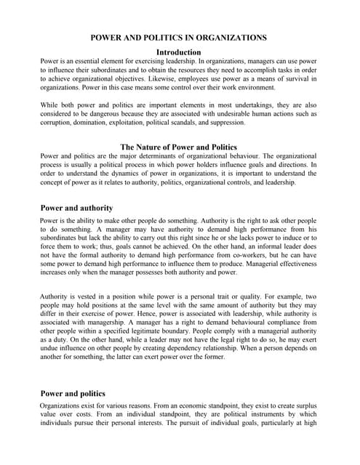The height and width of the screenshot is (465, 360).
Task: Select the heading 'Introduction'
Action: click(178, 52)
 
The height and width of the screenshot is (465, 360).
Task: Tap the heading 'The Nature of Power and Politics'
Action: click(179, 146)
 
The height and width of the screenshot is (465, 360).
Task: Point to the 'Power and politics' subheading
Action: click(73, 393)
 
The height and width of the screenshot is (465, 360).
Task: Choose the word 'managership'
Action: click(97, 325)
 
